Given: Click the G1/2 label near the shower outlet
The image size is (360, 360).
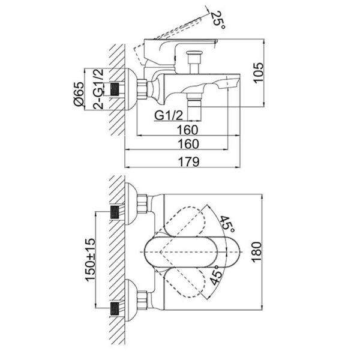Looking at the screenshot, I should [166, 115].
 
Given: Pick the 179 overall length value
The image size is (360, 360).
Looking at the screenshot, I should [188, 161].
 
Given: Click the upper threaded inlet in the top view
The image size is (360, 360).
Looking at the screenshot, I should [116, 212].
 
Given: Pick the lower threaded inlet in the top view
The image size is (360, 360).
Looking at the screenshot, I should [116, 311].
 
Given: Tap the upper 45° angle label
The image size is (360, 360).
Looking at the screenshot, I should [226, 224].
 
